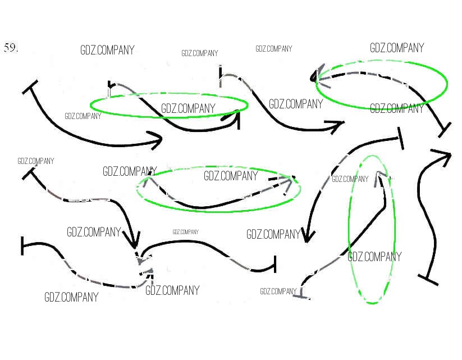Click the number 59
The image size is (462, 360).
click(x=11, y=48)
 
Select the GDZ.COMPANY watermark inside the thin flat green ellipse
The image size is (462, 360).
click(x=188, y=108)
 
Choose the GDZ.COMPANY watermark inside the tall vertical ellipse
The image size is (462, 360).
click(x=374, y=257)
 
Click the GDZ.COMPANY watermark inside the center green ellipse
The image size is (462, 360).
click(x=230, y=176)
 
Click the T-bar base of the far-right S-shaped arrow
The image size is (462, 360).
click(x=428, y=278)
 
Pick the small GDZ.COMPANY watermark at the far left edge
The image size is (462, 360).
click(x=35, y=161)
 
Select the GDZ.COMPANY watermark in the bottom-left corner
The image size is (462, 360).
click(x=71, y=297)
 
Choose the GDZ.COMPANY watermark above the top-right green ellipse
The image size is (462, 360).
click(x=396, y=48)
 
